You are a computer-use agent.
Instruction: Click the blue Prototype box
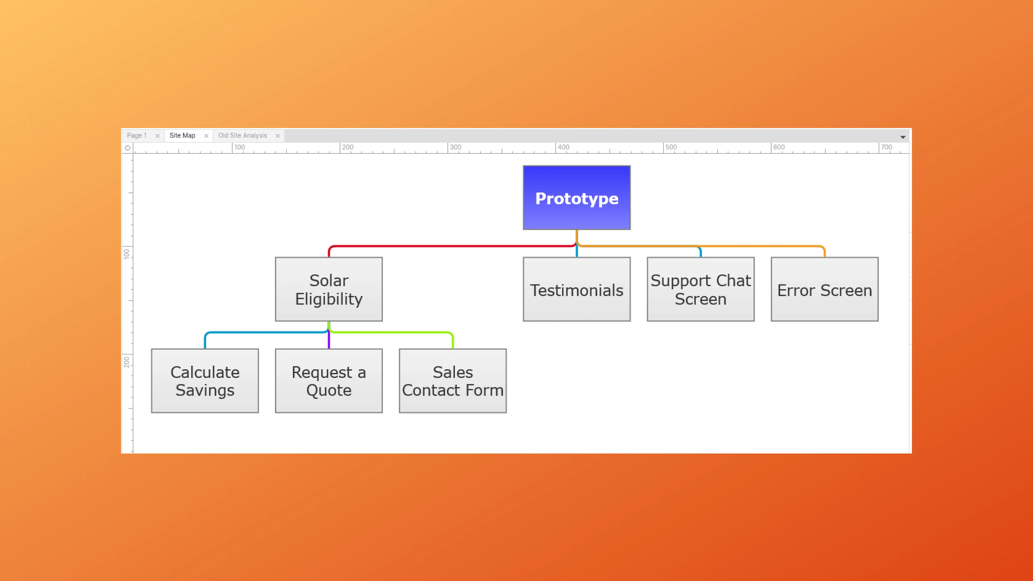coord(576,198)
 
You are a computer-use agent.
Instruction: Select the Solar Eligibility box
coord(328,289)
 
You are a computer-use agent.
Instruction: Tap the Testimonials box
coord(576,289)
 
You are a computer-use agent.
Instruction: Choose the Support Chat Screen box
coord(700,289)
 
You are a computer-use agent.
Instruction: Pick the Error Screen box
coord(824,289)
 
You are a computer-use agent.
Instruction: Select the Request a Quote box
coord(328,381)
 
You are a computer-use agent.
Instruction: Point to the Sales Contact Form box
coord(452,381)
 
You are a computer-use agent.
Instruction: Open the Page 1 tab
coord(137,136)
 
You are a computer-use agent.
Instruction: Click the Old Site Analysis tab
coord(242,136)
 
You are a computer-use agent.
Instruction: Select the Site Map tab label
coord(182,136)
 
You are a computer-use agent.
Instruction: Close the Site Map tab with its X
coord(206,136)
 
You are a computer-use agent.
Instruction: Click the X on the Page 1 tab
coord(158,136)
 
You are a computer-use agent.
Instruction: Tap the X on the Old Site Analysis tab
coord(278,136)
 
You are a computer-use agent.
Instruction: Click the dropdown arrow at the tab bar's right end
coord(903,137)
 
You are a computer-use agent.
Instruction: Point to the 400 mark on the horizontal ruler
coord(563,147)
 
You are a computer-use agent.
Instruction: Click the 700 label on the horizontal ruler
coord(886,147)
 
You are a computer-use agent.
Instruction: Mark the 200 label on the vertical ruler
coord(127,362)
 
